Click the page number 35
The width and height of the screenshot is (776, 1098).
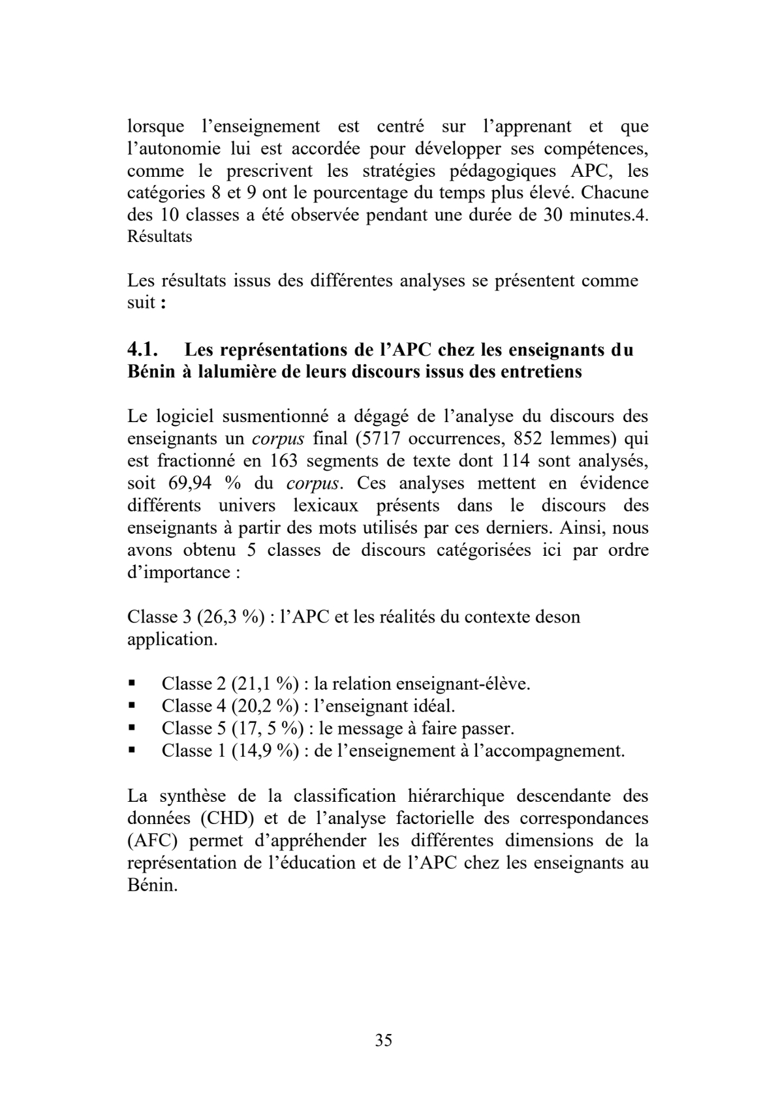coord(384,1040)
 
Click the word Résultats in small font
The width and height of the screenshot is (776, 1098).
coord(159,237)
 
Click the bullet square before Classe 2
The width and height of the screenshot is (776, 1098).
coord(132,683)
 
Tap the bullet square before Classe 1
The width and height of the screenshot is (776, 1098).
coord(132,750)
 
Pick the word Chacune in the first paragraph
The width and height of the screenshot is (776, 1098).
coord(613,193)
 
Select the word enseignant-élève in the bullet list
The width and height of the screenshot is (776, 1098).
coord(468,683)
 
